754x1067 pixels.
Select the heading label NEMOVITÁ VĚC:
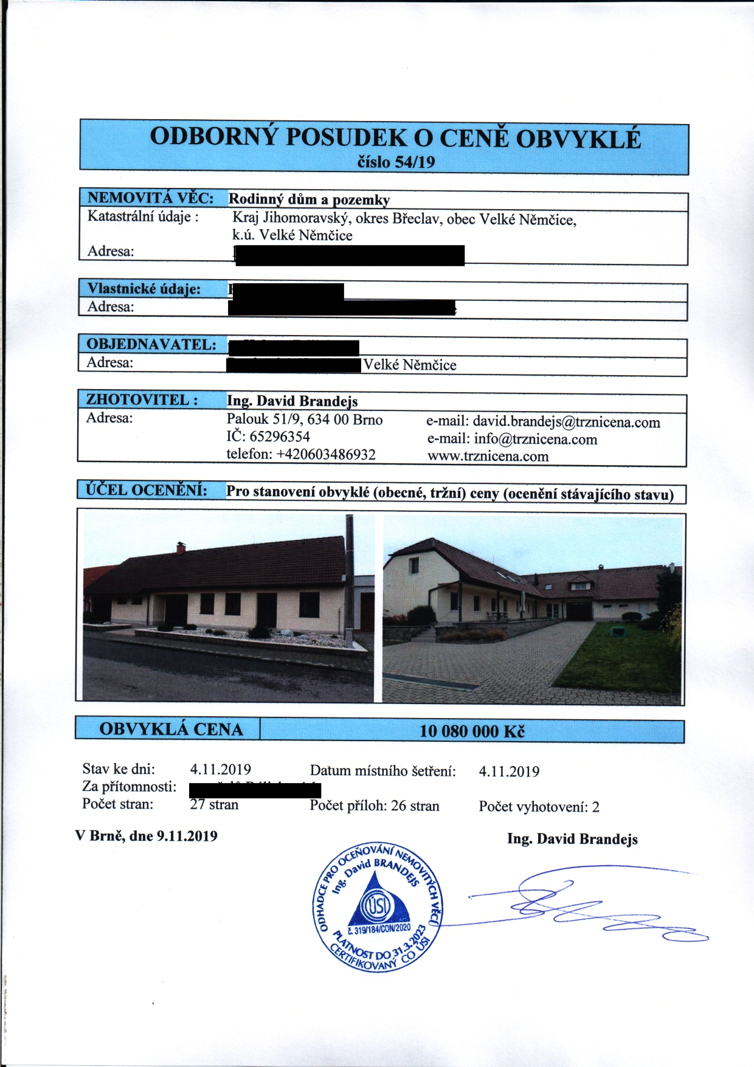coord(150,198)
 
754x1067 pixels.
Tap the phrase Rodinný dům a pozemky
coord(309,199)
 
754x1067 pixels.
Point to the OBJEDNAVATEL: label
coord(151,344)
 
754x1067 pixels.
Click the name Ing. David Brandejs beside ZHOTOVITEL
coord(292,401)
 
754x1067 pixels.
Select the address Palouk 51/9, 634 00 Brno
coord(305,420)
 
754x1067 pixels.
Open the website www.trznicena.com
coord(488,457)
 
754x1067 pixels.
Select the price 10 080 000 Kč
coord(472,731)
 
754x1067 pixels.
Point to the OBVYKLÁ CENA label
coord(171,729)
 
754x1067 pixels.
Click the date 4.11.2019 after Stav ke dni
coord(220,770)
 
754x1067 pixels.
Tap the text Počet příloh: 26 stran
coord(374,806)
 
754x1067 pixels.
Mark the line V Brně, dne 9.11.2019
coord(146,836)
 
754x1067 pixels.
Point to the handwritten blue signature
coord(584,906)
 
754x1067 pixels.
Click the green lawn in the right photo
coord(614,657)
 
